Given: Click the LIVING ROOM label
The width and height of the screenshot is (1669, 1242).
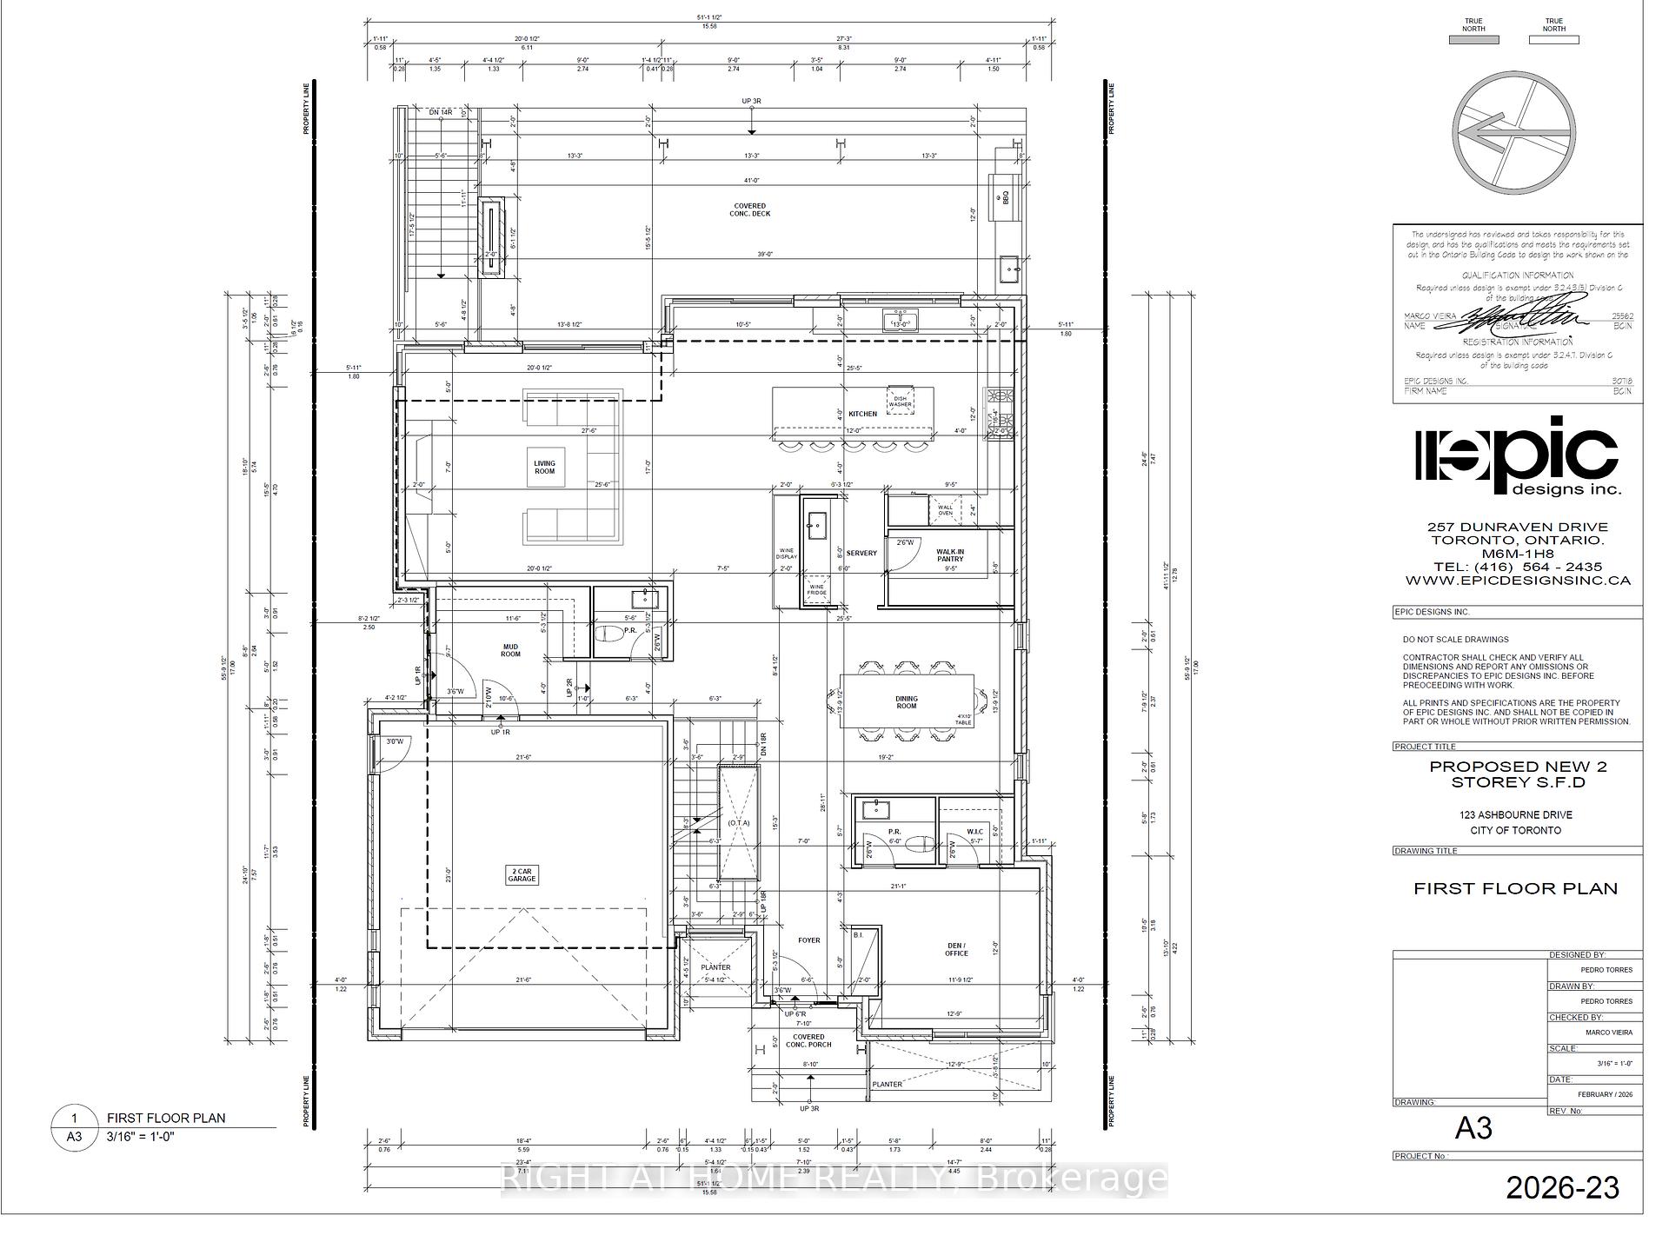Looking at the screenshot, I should coord(544,467).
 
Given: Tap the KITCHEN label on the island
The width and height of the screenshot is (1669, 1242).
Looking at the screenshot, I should coord(862,414).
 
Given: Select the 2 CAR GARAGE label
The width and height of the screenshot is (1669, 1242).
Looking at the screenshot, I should coord(522,874).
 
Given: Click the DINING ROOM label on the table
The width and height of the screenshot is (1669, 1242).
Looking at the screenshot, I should coord(906,702).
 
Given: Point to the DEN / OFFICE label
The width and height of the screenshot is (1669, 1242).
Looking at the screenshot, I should coord(956,949).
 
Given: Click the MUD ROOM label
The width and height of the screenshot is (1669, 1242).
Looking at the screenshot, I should coord(510,650).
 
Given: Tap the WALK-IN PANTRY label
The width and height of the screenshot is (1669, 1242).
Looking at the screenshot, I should coord(949,555).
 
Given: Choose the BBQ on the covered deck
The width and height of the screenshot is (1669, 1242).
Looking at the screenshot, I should coord(1003,196).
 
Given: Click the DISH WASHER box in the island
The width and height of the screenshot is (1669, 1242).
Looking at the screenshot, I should coord(900,401).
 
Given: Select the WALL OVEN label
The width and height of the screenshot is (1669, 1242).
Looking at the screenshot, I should coord(945,510).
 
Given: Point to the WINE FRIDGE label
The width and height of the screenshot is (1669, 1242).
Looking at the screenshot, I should coord(816,589).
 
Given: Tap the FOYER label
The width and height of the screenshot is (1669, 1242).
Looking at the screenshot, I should coord(808,940).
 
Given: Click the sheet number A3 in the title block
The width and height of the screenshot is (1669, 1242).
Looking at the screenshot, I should coord(1473,1128).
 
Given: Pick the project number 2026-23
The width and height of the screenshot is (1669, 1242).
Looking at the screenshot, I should coord(1562,1187).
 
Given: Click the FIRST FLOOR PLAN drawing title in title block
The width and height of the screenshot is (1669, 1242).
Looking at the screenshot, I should coord(1515,888).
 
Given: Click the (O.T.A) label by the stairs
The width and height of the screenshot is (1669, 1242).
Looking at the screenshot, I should coord(739,822).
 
